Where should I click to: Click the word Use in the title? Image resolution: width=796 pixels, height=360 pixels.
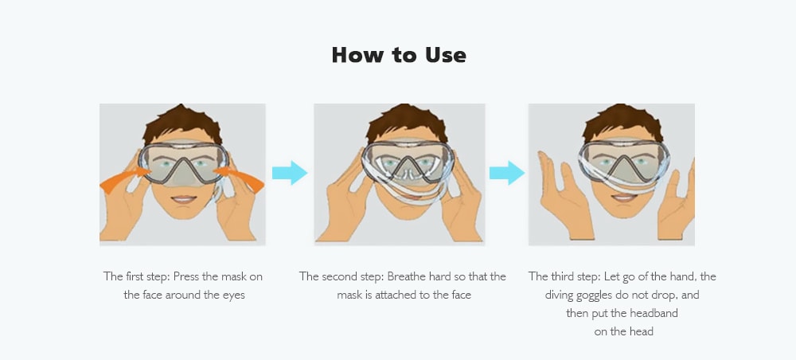click(446, 55)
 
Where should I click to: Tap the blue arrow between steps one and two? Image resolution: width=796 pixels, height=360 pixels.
click(290, 173)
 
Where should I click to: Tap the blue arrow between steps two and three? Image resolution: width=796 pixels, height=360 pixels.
click(507, 173)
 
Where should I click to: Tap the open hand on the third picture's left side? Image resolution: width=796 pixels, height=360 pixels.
click(566, 198)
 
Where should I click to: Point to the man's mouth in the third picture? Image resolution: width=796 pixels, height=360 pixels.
click(623, 197)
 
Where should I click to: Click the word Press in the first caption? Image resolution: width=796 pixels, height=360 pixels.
click(189, 276)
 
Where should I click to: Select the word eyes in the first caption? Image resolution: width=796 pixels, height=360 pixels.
click(234, 295)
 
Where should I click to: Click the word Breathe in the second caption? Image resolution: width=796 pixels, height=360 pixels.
click(408, 276)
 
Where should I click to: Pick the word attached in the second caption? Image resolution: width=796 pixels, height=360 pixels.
click(396, 295)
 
